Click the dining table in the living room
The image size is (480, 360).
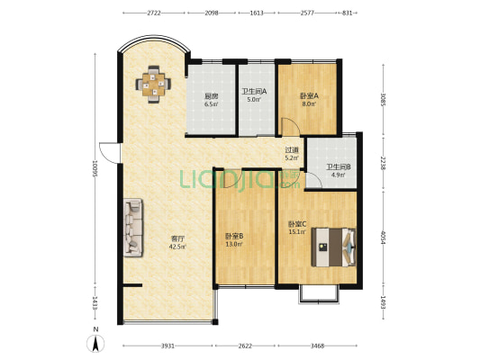(x=153, y=84)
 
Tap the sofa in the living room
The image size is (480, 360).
(x=133, y=228)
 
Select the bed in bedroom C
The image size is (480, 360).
(x=334, y=247)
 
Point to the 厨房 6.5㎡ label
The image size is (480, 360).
(x=212, y=100)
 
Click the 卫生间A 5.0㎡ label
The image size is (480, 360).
(x=254, y=95)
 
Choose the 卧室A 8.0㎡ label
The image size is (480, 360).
(x=309, y=100)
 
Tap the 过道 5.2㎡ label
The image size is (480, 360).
(x=292, y=154)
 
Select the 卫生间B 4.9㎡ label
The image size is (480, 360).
(x=338, y=171)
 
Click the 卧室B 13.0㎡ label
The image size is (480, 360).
(x=234, y=239)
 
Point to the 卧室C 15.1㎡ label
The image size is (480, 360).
(x=297, y=228)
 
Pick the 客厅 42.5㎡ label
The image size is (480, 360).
(x=177, y=242)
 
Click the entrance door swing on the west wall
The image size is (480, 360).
(x=108, y=153)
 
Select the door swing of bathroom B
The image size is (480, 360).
(x=313, y=181)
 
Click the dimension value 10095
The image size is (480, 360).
(x=95, y=170)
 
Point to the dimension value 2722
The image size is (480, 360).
(x=154, y=13)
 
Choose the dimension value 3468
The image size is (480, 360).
(x=317, y=346)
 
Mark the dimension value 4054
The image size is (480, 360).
(x=383, y=237)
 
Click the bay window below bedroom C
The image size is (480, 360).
(x=319, y=294)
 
